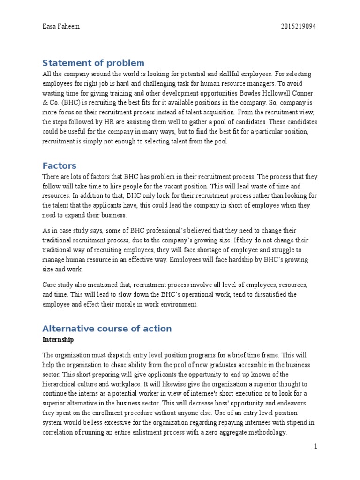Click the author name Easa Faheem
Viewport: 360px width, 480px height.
tap(61, 27)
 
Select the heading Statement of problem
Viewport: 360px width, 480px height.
tap(93, 63)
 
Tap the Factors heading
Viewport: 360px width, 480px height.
tap(59, 165)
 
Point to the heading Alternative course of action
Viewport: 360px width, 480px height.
tap(107, 328)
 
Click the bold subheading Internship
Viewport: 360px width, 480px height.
tap(58, 339)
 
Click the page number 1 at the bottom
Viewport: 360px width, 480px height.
tap(316, 447)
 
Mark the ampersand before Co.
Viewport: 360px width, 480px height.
tap(45, 101)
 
